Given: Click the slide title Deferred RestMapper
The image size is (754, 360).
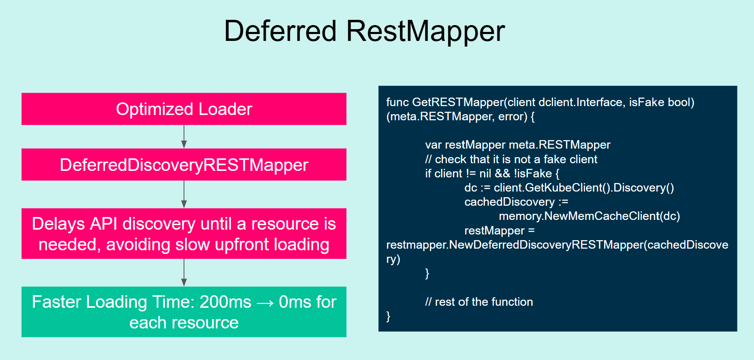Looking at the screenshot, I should coord(364,31).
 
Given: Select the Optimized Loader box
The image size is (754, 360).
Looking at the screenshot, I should coord(184,109).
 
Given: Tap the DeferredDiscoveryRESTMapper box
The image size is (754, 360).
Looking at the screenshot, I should coord(184,165).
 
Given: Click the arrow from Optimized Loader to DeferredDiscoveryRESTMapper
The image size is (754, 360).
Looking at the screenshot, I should coord(184,137).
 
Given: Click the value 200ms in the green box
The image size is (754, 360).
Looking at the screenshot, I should coord(225,302).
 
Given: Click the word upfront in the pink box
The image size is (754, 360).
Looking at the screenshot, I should coord(241,245).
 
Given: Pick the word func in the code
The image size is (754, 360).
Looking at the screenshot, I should coord(397,102).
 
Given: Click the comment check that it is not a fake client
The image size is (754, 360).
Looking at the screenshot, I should coord(511,159).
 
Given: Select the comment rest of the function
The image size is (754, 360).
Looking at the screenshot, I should coord(479,302).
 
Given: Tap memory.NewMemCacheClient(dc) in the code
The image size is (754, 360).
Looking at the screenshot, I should coord(590,216).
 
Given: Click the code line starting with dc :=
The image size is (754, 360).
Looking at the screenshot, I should coord(569,188).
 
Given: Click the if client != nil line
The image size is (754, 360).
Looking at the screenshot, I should coord(492,174).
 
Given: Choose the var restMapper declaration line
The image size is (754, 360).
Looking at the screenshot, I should coord(517,145).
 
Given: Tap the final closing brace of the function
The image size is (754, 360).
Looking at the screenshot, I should coord(388,316).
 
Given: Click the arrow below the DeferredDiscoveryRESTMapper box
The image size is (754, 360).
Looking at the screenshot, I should coord(184,194).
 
